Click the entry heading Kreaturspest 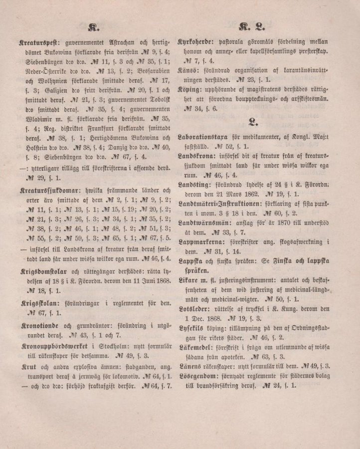(37, 44)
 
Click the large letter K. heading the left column (93, 27)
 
